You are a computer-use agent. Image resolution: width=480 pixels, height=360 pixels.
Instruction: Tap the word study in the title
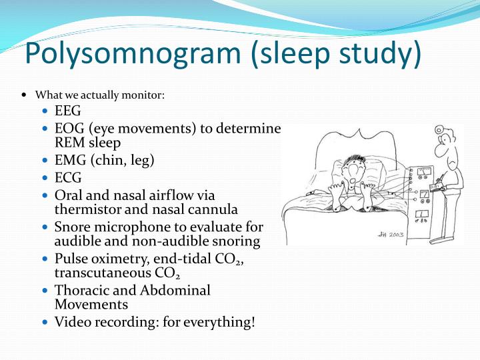coord(383,55)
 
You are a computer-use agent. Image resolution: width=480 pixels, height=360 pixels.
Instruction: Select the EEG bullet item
coord(67,111)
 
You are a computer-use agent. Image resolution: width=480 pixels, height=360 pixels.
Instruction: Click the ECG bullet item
coord(67,178)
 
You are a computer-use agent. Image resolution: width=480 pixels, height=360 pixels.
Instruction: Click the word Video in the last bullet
coord(71,323)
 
